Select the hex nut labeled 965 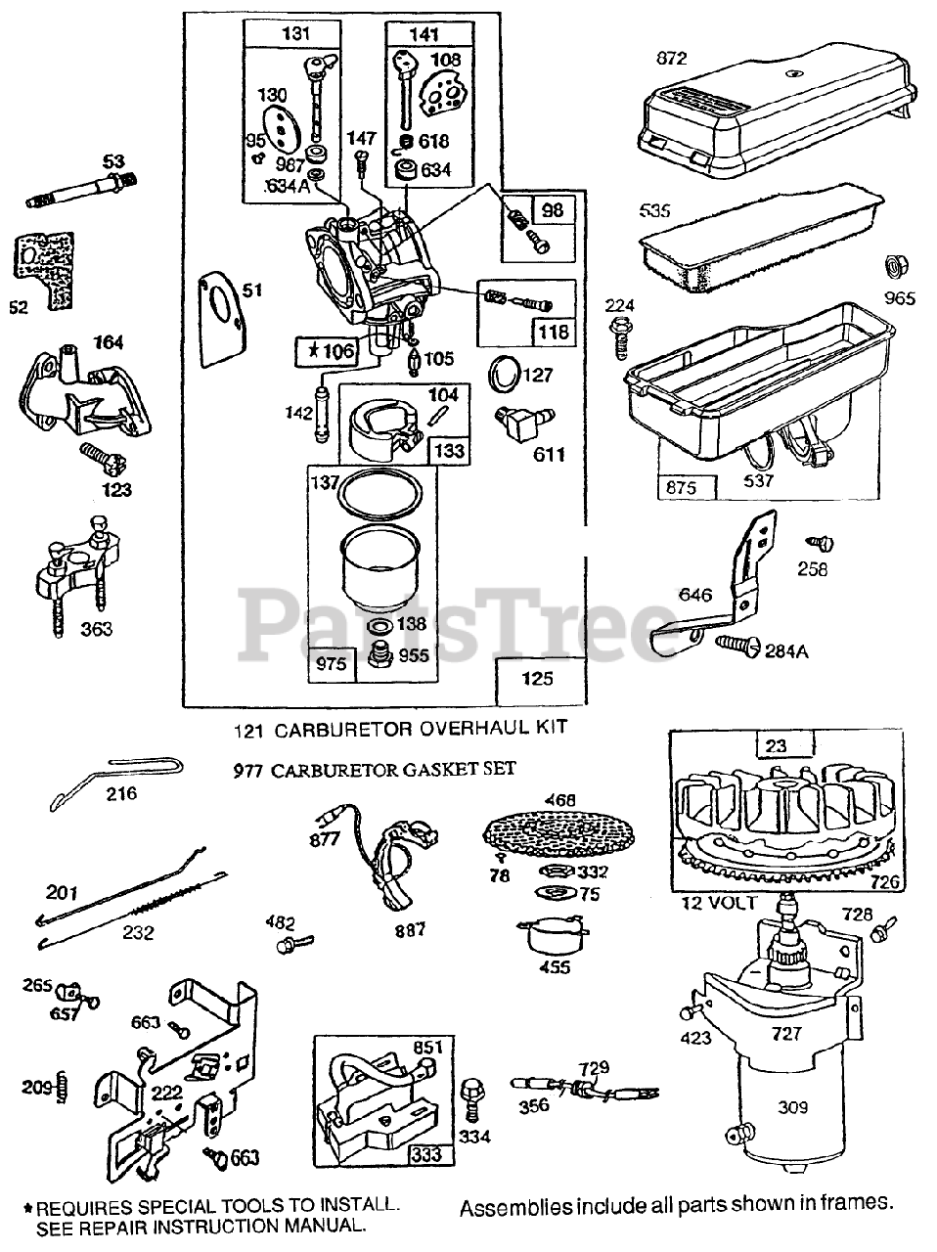pos(894,266)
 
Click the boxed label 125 pos(537,678)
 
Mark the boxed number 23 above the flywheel pos(776,745)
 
